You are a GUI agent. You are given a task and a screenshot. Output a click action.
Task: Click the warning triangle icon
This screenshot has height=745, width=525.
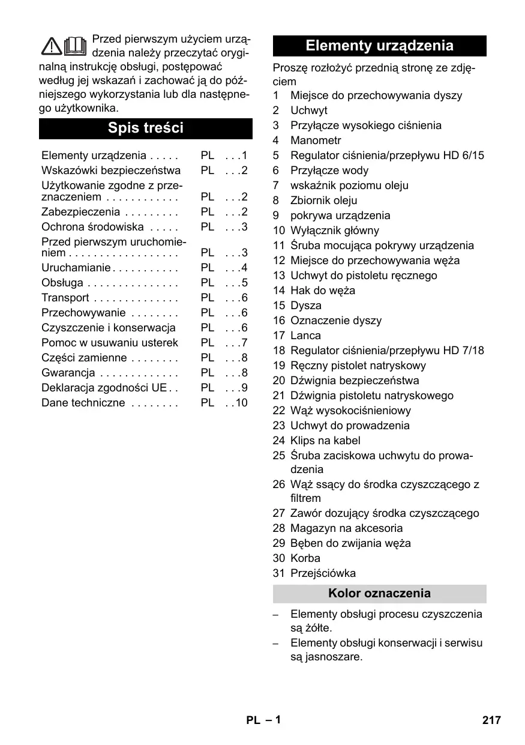(x=52, y=46)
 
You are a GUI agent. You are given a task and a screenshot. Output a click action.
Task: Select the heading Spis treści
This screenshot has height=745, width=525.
(x=146, y=128)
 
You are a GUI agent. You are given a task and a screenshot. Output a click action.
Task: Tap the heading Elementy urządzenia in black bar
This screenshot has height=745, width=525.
(x=379, y=46)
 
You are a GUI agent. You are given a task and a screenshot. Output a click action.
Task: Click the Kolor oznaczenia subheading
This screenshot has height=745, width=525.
(x=379, y=594)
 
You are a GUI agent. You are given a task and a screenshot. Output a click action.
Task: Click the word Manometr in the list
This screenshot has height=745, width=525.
(x=316, y=140)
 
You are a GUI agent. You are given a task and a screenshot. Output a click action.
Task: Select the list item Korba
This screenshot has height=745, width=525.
(x=305, y=558)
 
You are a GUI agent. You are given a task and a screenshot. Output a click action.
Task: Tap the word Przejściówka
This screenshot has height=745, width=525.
(x=323, y=573)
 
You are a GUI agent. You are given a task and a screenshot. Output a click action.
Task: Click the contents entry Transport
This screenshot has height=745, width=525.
(x=65, y=298)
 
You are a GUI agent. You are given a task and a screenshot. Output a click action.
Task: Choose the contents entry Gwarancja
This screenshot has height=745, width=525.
(x=68, y=373)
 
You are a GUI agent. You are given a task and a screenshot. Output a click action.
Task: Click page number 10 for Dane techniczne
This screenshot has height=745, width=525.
(x=241, y=403)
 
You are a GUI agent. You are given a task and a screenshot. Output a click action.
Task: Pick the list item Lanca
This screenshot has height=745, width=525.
(x=305, y=336)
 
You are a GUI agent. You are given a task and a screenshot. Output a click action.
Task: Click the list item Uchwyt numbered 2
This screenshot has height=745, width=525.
(x=309, y=110)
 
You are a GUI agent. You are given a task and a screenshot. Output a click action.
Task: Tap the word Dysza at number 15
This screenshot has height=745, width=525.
(x=306, y=306)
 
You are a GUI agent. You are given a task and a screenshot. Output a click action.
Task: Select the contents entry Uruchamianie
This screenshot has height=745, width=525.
(x=76, y=268)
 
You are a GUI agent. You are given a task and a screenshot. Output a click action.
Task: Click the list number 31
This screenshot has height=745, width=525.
(x=278, y=573)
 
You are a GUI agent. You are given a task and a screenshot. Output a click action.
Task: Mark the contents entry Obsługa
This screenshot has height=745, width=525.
(x=62, y=283)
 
